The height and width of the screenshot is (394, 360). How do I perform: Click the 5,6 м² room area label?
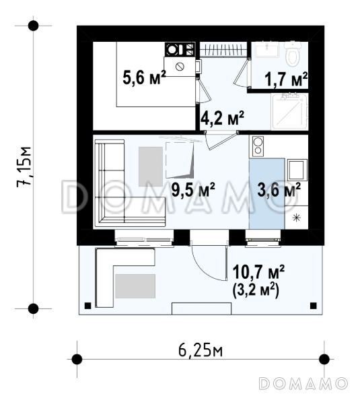point(144,77)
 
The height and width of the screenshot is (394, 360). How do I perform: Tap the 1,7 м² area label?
point(286,79)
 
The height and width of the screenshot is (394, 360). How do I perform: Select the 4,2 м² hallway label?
point(222,118)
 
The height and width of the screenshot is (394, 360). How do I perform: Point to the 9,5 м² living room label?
point(193,189)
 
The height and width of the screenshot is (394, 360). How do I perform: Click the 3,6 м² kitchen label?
point(279,189)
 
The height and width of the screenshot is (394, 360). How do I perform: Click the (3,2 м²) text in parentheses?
point(256,290)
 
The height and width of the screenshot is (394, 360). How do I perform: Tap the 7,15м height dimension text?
point(24,167)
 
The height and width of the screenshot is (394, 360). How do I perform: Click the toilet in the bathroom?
point(293,53)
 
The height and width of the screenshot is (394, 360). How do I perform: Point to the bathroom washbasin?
point(267,49)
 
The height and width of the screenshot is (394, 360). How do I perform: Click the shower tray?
point(289,112)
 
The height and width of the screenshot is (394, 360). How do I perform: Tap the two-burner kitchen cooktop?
point(257,146)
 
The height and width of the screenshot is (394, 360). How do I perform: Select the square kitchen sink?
point(297,170)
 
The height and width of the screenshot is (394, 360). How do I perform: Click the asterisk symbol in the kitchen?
point(297,218)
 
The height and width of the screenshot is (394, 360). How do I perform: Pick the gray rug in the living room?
point(151,166)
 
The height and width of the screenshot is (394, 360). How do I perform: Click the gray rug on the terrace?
point(135,286)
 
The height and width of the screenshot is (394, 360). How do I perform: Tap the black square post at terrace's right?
point(313,306)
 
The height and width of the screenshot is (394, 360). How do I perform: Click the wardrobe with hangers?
point(223,49)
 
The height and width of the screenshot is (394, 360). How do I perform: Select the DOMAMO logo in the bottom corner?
point(303,384)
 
